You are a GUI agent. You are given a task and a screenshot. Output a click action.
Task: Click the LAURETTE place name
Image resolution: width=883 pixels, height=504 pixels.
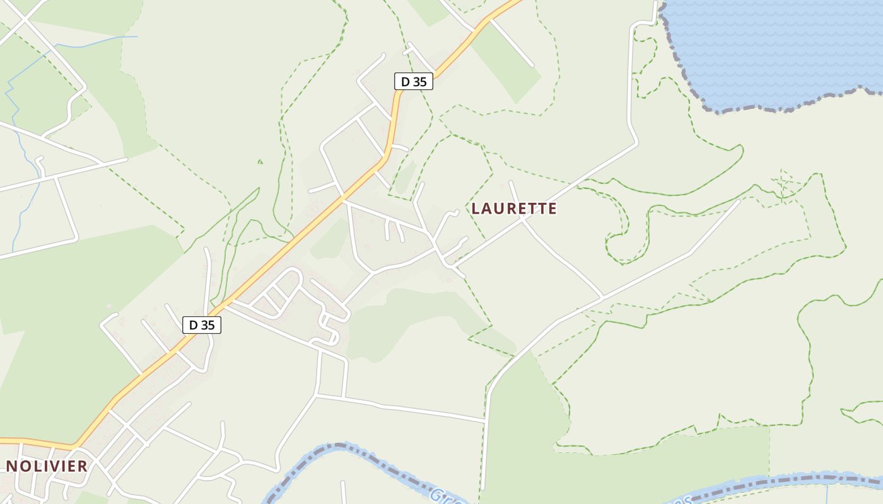click(x=514, y=209)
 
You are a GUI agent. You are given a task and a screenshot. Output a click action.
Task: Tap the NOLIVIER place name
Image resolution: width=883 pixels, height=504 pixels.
click(x=47, y=466)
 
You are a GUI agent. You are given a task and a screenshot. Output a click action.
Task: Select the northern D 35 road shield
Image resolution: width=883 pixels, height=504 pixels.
click(x=413, y=81)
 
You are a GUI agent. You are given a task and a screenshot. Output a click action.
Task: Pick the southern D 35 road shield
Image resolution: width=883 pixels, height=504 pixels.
click(x=201, y=325)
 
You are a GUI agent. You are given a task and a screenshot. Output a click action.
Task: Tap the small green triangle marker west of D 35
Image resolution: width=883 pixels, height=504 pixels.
click(x=259, y=162)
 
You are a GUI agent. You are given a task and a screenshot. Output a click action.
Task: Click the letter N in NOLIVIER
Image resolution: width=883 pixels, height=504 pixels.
click(x=11, y=466)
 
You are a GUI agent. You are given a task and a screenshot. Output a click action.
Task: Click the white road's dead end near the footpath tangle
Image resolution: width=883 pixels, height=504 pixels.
click(x=739, y=202)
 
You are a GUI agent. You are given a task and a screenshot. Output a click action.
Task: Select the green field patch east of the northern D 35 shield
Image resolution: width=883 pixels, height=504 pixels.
click(x=505, y=63)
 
